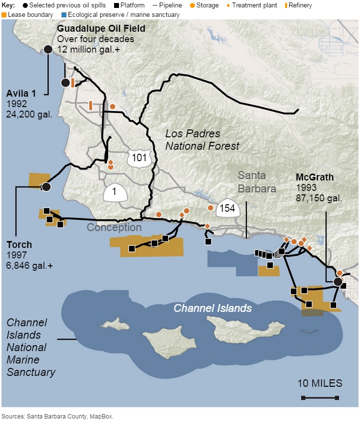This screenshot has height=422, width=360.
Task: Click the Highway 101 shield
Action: coord(137,157)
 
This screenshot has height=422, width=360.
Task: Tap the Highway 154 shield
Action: coord(227,208)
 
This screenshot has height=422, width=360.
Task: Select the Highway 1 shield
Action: coord(114,192)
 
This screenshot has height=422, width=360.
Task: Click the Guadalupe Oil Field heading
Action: coord(101,29)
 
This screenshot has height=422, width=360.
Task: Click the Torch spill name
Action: coord(19,244)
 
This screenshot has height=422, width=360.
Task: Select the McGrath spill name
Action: coord(314,178)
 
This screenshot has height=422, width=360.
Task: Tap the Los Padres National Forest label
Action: coord(202,140)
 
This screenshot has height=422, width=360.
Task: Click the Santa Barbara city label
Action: coord(256,182)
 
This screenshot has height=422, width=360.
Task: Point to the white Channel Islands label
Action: coord(212,308)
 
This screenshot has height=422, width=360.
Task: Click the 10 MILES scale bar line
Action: coord(319,398)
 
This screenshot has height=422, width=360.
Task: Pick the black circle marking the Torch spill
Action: coord(46,187)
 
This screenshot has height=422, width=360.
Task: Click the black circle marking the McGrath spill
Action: coord(338,282)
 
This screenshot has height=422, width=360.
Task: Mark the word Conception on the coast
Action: coord(114,228)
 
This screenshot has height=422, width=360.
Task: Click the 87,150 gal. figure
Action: coord(318,198)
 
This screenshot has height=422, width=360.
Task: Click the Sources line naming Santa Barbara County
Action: coord(58,417)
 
